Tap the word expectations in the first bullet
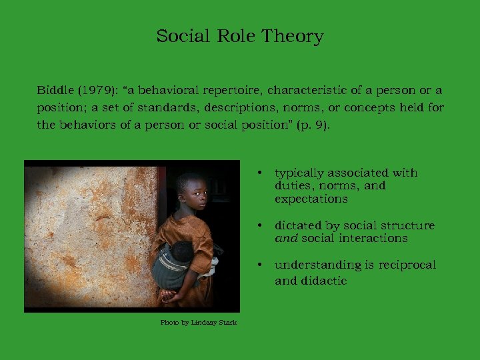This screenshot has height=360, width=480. point(311,199)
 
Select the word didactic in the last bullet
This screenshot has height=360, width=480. point(323,281)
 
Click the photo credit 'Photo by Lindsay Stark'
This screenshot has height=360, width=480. point(198,323)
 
